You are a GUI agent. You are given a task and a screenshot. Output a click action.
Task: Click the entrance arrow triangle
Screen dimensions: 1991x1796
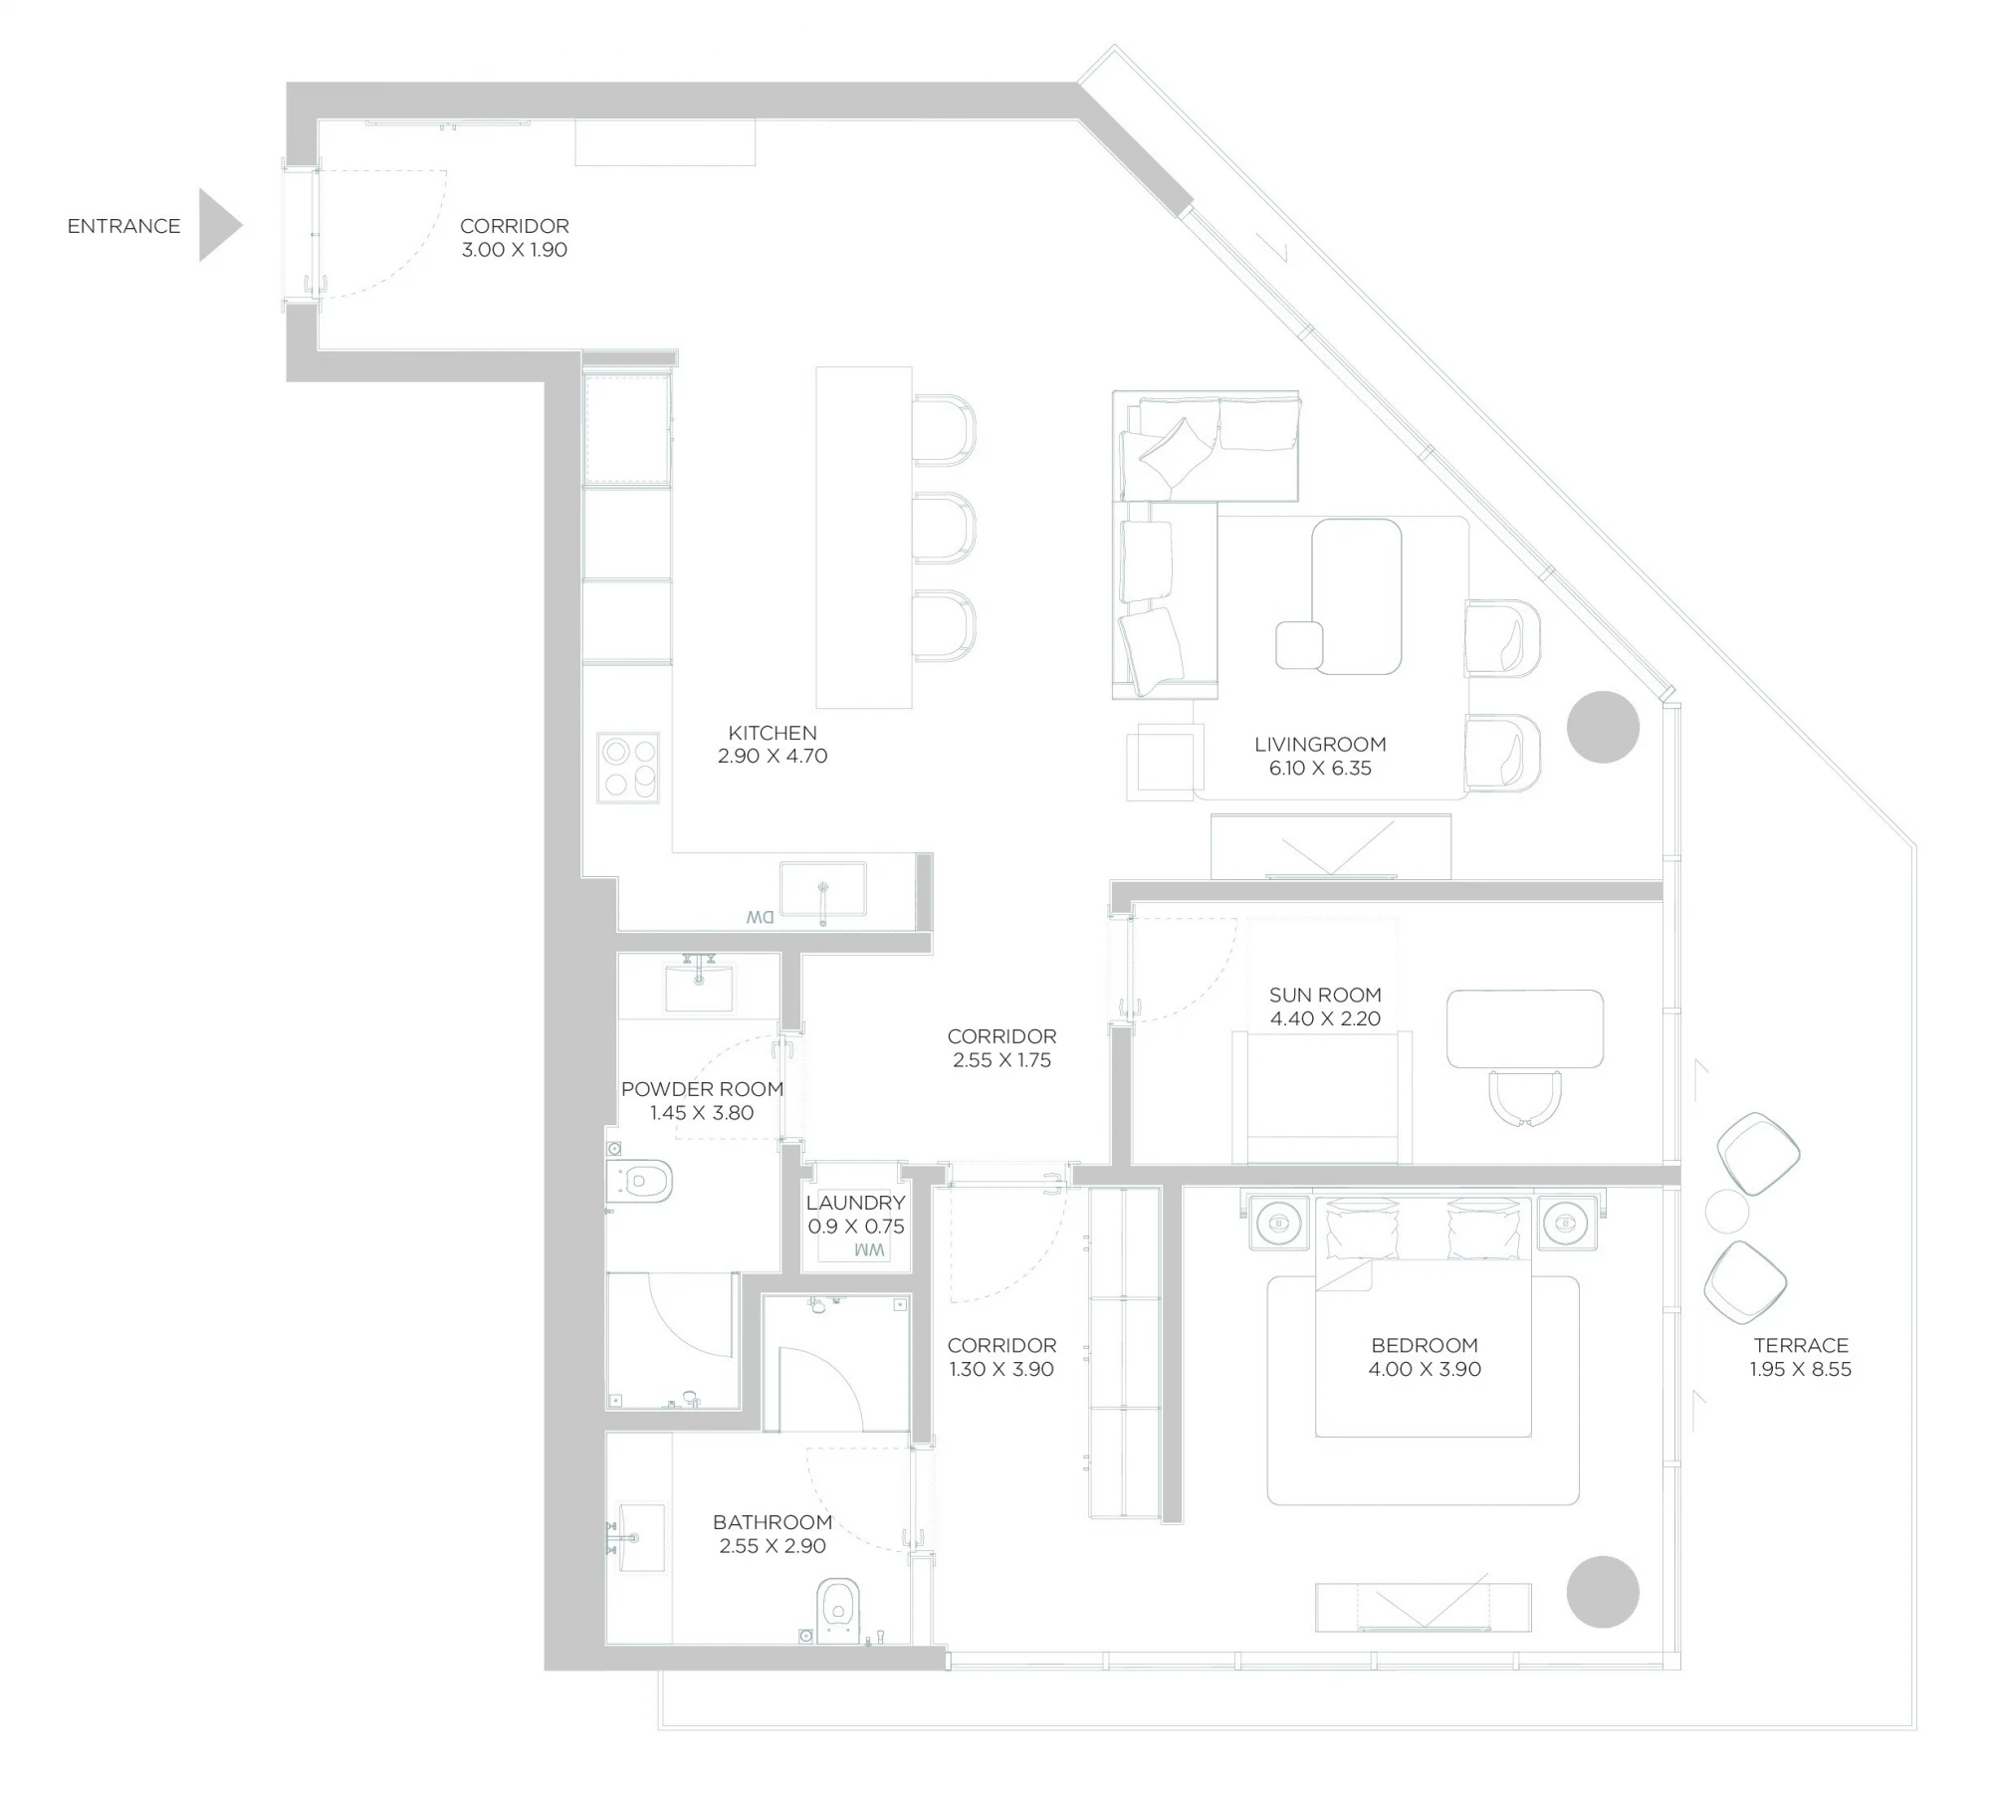point(217,226)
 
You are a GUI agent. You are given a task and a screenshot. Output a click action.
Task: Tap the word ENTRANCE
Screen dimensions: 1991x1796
point(124,226)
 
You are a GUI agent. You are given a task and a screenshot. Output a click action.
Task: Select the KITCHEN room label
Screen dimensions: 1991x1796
point(773,733)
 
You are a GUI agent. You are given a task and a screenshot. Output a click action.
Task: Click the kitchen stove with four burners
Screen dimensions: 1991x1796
point(628,768)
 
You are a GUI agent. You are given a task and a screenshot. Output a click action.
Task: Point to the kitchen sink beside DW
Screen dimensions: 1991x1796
point(823,889)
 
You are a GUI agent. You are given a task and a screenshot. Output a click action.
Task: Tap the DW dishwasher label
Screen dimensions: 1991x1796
point(761,917)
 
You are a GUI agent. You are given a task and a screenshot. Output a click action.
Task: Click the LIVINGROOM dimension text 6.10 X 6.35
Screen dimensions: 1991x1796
point(1320,768)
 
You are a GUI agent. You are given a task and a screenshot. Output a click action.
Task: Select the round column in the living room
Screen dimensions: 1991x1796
point(1603,727)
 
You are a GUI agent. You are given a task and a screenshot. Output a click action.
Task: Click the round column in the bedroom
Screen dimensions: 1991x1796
point(1603,1592)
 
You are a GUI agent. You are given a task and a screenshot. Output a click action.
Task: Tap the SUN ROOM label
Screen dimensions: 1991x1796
point(1325,995)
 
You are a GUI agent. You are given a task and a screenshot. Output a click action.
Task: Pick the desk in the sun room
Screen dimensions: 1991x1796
point(1525,1028)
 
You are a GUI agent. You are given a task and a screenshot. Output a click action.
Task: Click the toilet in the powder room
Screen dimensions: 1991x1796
point(639,1182)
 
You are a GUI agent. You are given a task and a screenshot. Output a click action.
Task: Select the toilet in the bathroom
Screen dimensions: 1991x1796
point(837,1610)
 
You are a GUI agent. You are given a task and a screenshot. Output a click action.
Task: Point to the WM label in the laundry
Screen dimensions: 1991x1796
point(869,1249)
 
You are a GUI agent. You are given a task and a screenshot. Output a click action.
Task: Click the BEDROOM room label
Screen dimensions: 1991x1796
point(1425,1345)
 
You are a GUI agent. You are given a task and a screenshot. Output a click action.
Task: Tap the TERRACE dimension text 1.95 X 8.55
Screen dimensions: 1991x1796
point(1801,1369)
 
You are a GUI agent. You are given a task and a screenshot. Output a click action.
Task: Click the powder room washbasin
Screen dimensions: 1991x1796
point(699,986)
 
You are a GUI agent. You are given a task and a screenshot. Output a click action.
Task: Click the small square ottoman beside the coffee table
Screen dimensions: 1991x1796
point(1300,644)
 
